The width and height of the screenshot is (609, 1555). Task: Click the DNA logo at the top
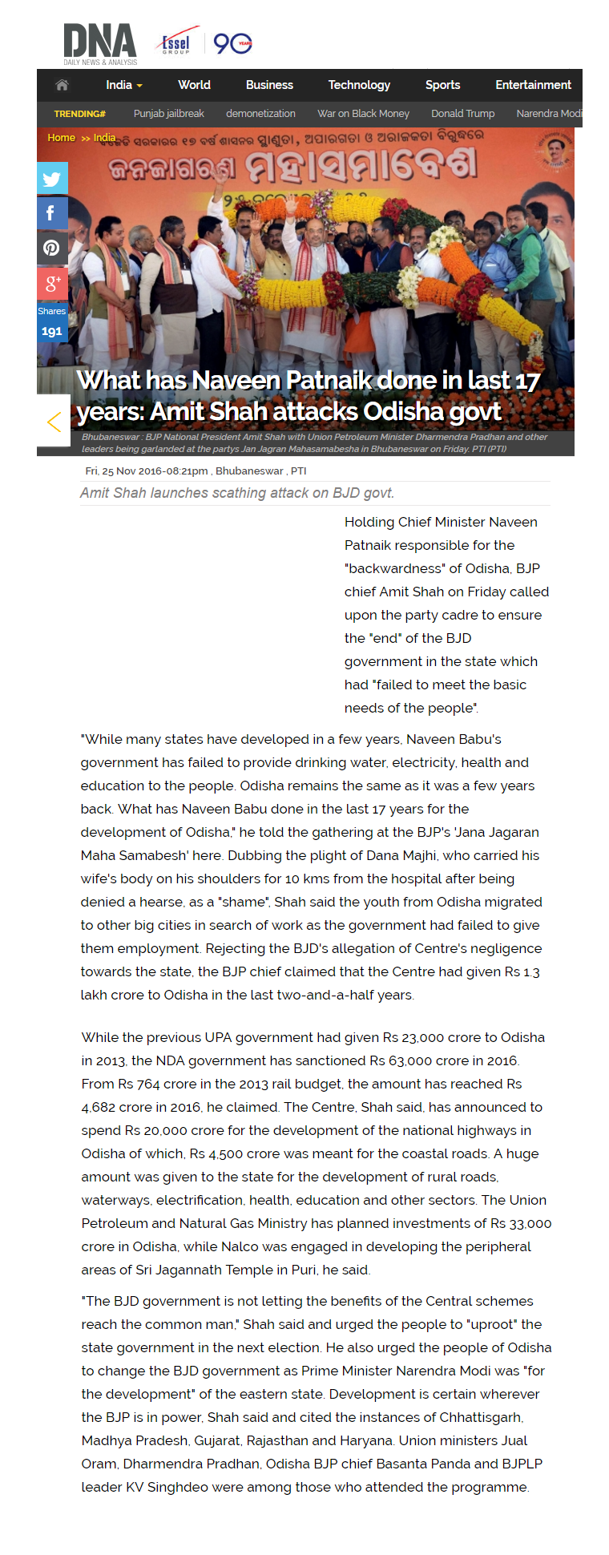click(100, 43)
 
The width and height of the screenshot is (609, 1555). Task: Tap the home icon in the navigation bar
click(62, 85)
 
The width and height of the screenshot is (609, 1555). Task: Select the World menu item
click(194, 85)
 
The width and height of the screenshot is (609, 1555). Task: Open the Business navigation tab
click(269, 85)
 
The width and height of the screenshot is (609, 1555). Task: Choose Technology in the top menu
click(359, 85)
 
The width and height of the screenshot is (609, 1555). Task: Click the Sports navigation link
click(442, 85)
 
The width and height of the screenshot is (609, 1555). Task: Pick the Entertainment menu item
click(533, 85)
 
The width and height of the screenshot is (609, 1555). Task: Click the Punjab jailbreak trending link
click(168, 114)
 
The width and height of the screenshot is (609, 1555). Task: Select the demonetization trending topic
click(260, 114)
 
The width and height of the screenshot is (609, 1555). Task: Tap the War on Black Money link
click(363, 114)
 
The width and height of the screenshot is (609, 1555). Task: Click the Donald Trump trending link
click(462, 114)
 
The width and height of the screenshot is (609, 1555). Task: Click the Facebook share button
click(52, 213)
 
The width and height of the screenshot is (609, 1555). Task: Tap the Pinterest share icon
click(52, 248)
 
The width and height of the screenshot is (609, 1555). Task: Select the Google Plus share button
click(52, 283)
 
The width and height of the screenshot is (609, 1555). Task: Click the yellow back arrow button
click(54, 421)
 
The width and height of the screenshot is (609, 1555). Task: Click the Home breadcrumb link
click(61, 138)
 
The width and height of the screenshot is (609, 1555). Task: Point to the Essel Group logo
click(176, 44)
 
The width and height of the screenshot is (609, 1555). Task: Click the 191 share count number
click(52, 331)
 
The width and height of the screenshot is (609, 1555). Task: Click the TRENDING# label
click(79, 114)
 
